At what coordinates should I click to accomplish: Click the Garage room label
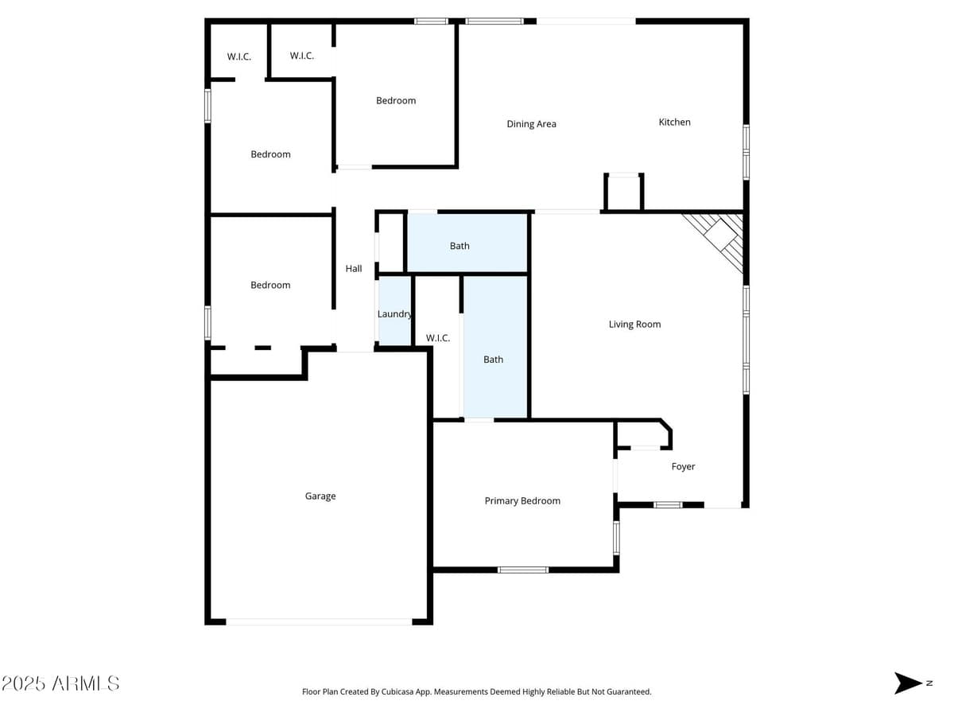tap(320, 496)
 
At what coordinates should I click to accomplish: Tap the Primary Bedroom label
tap(522, 500)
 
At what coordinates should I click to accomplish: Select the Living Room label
tap(634, 324)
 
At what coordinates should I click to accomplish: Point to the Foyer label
tap(683, 466)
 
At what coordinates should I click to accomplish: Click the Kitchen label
tap(674, 122)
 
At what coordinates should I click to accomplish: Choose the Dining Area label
tap(531, 123)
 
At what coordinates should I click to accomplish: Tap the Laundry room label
tap(394, 313)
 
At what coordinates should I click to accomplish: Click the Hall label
tap(354, 268)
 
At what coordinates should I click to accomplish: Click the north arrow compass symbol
tap(908, 683)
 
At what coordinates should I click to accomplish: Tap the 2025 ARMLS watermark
tap(60, 683)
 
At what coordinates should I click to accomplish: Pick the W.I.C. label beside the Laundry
tap(438, 337)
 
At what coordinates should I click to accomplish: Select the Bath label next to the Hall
tap(460, 245)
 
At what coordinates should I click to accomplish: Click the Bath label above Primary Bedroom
tap(493, 359)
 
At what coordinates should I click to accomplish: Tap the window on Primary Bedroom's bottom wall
tap(522, 569)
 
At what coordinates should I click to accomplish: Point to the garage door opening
tap(319, 621)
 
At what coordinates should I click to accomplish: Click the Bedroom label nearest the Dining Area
tap(396, 100)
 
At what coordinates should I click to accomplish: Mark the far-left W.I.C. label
tap(238, 56)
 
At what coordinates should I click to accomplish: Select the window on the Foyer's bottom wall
tap(668, 504)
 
